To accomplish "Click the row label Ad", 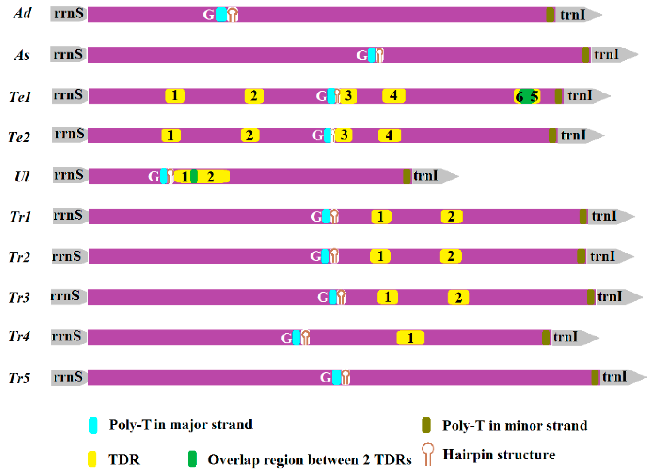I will tap(22, 13).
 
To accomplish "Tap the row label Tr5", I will tap(19, 378).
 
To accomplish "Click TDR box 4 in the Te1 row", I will tap(394, 96).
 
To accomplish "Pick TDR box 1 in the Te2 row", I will tap(171, 135).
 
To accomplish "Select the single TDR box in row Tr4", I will tap(410, 338).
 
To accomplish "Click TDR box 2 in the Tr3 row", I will tap(458, 297).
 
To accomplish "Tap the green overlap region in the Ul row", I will tap(194, 176).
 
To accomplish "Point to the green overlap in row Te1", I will tap(527, 96).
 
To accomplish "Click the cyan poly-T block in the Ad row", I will tap(221, 14).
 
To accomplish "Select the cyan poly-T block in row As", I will tap(372, 55).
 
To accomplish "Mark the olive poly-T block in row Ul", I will tap(407, 176).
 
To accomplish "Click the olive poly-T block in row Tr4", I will tap(546, 338).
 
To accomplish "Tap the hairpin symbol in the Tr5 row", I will tap(346, 377).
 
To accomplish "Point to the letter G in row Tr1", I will tap(316, 217).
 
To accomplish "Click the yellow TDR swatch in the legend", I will tap(92, 459).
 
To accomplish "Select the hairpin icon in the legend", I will tap(428, 454).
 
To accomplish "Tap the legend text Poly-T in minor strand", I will tap(515, 426).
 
